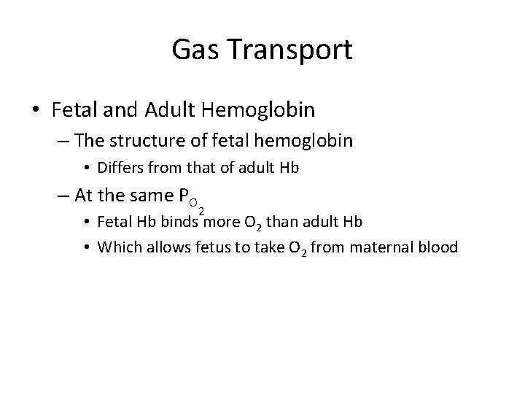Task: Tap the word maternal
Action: (x=383, y=247)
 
